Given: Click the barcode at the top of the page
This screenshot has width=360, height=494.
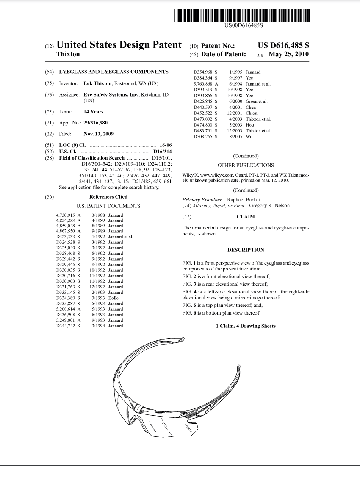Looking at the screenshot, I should coord(242,15).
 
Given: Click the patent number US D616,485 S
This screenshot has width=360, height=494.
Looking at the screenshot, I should coord(283,46).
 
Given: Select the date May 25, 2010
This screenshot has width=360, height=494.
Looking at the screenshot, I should coord(291,54).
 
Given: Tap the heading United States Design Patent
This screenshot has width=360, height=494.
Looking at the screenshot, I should coord(119,45).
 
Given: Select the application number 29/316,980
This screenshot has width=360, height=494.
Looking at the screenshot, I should coord(95,123).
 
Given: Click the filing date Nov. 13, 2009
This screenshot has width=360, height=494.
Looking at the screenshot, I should coord(99,134).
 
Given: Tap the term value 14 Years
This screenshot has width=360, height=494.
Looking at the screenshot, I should coord(93,112).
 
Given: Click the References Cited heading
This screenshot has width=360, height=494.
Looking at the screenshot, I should coord(108,197).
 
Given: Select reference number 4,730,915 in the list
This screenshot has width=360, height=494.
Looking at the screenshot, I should coord(65,215).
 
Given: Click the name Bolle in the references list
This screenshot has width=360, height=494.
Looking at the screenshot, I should coord(113,298).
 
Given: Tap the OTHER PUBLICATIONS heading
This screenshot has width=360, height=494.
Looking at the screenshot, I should coord(245,165).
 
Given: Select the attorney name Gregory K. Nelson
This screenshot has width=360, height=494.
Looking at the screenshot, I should coord(269,205).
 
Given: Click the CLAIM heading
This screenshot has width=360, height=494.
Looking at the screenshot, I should coord(245,217).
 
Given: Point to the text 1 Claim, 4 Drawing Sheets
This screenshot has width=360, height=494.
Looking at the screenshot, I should coord(246,326).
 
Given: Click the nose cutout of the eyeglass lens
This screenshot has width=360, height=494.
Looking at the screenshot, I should coord(136,419).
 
